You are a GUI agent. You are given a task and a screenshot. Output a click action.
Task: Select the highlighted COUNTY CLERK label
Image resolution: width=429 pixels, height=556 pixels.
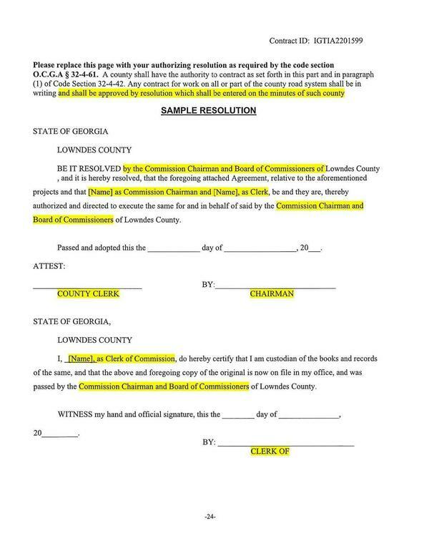pos(88,294)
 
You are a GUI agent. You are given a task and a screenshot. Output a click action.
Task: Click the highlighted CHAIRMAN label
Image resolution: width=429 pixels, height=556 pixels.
pos(272,294)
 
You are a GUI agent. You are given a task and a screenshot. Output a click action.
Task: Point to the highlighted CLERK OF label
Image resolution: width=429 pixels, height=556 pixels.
pos(269,452)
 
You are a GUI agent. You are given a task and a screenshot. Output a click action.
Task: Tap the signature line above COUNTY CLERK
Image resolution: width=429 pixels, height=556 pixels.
pos(87,288)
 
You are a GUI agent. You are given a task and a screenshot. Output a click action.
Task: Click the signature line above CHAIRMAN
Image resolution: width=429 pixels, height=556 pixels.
pos(275,288)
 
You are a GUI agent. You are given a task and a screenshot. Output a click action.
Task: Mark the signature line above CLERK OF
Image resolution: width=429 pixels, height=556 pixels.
pos(285,446)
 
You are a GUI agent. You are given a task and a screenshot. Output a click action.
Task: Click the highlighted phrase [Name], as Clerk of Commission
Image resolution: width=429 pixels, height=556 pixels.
pos(121,358)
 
